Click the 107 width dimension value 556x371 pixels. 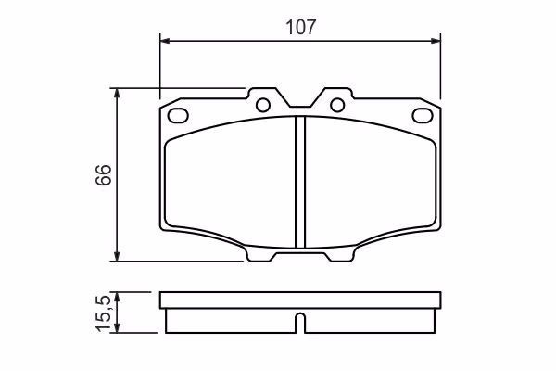pyautogui.click(x=300, y=27)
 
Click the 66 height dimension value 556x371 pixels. pyautogui.click(x=104, y=174)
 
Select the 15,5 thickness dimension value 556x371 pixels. pyautogui.click(x=105, y=313)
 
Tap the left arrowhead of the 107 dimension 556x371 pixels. pyautogui.click(x=165, y=41)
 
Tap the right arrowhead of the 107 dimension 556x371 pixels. pyautogui.click(x=436, y=41)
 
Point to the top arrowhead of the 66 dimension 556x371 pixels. pyautogui.click(x=117, y=94)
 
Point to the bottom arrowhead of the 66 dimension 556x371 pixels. pyautogui.click(x=117, y=256)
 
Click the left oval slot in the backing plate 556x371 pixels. pyautogui.click(x=178, y=115)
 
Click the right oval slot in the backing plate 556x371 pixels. pyautogui.click(x=423, y=115)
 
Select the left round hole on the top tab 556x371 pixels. pyautogui.click(x=263, y=105)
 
